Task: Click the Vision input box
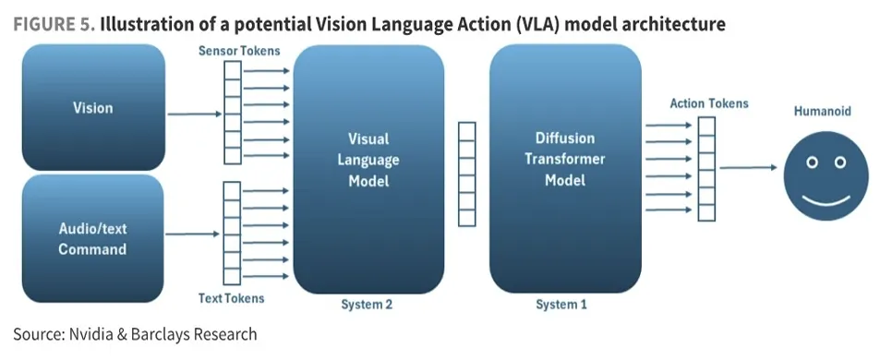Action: pos(93,107)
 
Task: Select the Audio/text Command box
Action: pos(92,239)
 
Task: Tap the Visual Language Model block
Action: pos(368,170)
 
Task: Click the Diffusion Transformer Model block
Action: pos(565,170)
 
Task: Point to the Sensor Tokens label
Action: pos(239,51)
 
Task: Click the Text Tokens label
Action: pos(232,298)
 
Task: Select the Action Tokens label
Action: pos(709,103)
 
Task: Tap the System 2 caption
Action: pos(367,305)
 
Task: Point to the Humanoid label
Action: pos(823,111)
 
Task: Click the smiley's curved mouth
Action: pos(826,201)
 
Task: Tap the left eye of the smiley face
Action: pos(813,162)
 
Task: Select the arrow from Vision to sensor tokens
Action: pos(195,114)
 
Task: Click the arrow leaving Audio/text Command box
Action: pos(193,234)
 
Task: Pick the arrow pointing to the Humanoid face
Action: pos(748,168)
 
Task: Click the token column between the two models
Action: pos(467,174)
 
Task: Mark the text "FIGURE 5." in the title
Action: pos(54,24)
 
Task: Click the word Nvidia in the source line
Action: pos(90,334)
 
